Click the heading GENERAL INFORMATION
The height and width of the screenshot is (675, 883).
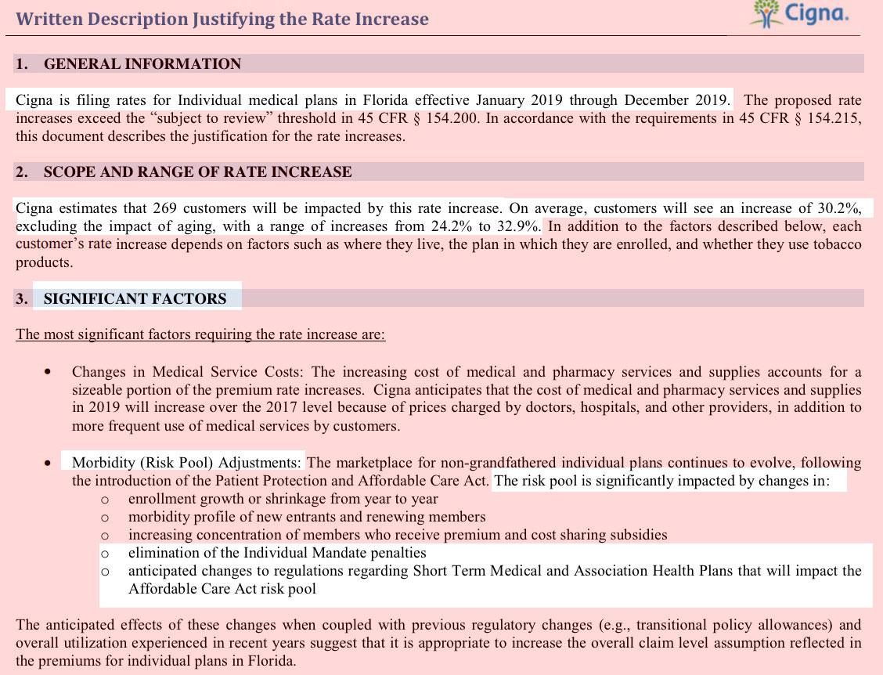point(142,64)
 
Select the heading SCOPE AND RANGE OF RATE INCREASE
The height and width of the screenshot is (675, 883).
point(197,172)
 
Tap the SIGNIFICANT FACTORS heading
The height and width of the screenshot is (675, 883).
point(135,298)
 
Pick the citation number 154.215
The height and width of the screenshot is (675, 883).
point(834,118)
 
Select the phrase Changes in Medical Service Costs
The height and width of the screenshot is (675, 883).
point(189,372)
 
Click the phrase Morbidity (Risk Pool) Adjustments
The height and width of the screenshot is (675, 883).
point(186,463)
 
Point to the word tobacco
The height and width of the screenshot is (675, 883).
point(833,244)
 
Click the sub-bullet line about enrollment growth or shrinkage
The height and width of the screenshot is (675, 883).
point(283,499)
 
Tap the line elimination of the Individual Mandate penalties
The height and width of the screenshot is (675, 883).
point(277,553)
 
